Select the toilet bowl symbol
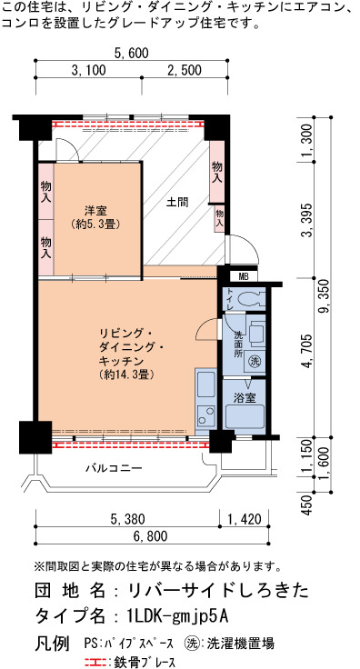pyautogui.click(x=249, y=299)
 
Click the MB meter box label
pyautogui.click(x=243, y=276)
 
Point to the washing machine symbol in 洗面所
pyautogui.click(x=255, y=362)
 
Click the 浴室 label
pyautogui.click(x=245, y=397)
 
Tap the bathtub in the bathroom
pyautogui.click(x=245, y=418)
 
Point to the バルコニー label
pyautogui.click(x=114, y=468)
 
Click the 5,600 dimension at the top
pyautogui.click(x=132, y=53)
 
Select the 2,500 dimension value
pyautogui.click(x=185, y=70)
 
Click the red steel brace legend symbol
pyautogui.click(x=97, y=662)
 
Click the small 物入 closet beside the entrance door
pyautogui.click(x=219, y=217)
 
